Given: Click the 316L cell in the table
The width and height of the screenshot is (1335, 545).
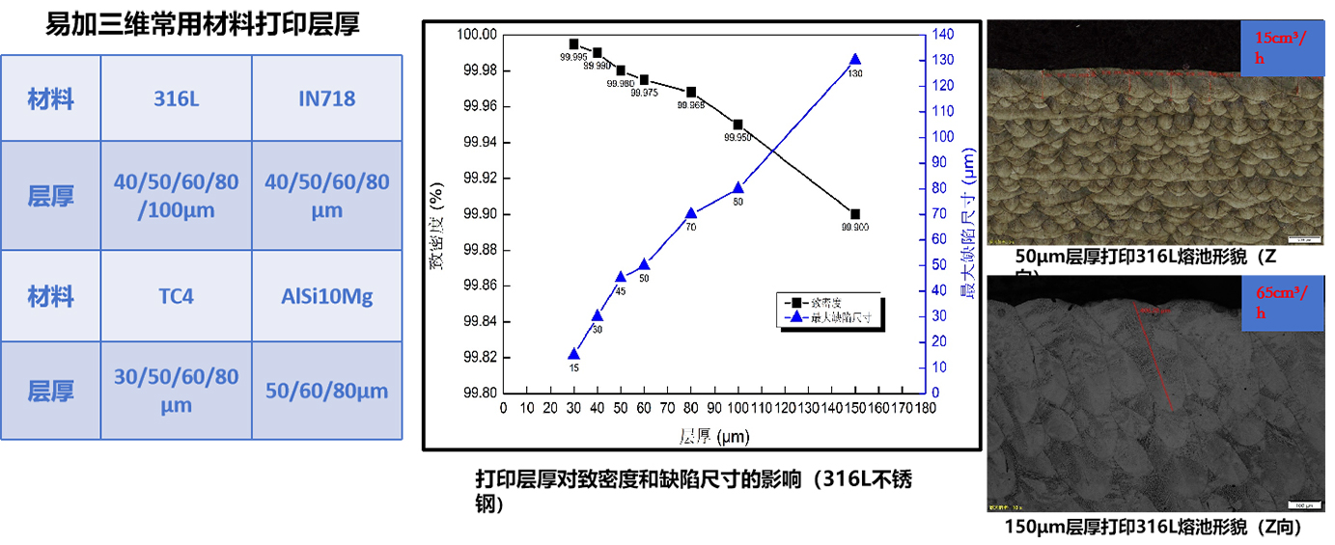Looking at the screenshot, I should [177, 98].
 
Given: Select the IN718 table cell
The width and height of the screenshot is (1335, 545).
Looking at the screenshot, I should [327, 98].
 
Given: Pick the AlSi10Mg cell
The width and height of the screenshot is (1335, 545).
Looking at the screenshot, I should [327, 296].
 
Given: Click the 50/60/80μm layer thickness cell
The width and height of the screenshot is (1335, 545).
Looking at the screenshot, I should [327, 391].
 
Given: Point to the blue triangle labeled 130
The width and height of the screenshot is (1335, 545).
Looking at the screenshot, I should [854, 60].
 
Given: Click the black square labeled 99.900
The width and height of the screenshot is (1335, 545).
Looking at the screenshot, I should [855, 214].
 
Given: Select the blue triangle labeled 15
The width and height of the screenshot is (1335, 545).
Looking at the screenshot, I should [573, 354].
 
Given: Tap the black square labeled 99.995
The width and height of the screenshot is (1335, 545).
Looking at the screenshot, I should [573, 44].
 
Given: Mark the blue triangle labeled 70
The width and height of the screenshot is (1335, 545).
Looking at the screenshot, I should [691, 213].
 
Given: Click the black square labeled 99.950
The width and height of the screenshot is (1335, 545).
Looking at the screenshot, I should [737, 124].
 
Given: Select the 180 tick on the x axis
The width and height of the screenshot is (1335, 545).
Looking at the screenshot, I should [925, 408].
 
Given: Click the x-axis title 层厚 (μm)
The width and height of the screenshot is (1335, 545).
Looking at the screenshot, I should [714, 436].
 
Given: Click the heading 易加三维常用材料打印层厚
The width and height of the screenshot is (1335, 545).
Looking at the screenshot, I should [203, 24].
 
